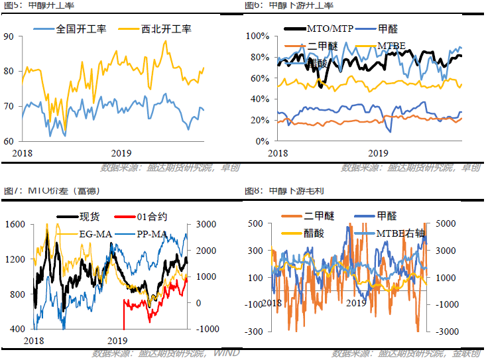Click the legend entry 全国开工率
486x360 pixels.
[x=72, y=29]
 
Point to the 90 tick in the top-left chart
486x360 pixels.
[x=9, y=36]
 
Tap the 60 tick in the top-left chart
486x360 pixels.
[x=9, y=141]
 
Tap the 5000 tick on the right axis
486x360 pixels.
[x=446, y=225]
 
